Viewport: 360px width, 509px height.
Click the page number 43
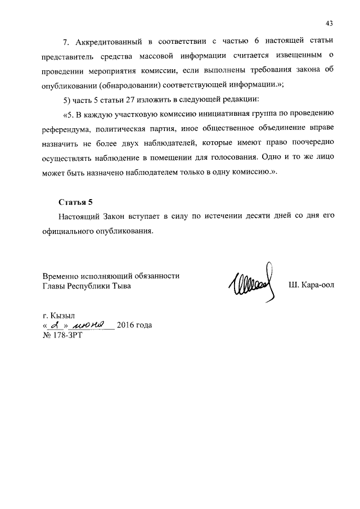(330, 23)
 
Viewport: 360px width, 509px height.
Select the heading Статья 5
(75, 202)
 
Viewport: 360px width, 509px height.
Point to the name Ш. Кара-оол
(311, 285)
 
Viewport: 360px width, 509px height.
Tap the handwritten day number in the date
(54, 325)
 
